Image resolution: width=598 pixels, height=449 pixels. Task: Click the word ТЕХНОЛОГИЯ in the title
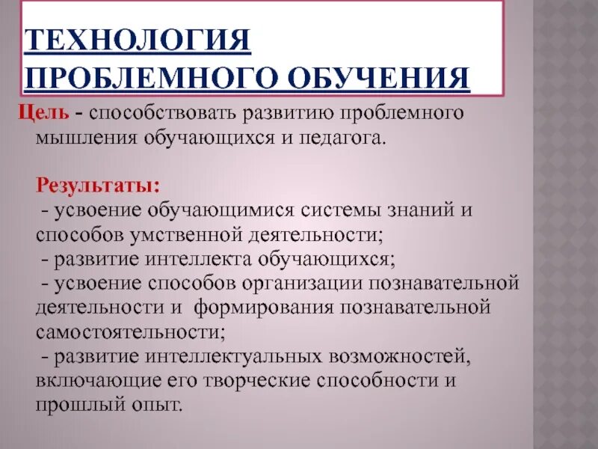tap(138, 39)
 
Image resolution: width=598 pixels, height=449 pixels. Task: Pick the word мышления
tap(79, 138)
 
